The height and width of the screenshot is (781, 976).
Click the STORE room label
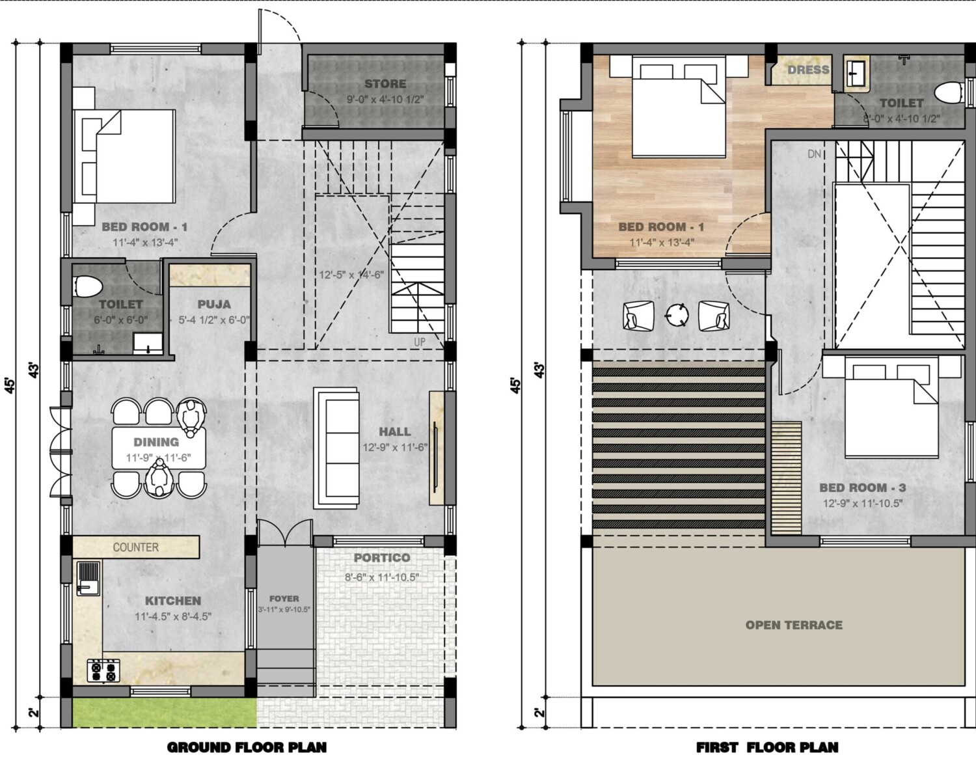(385, 83)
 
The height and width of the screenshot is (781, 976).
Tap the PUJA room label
(214, 304)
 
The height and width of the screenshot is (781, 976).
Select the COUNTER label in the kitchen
(135, 547)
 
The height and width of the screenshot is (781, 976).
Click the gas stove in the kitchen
(104, 672)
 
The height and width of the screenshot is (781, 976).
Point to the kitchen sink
(88, 578)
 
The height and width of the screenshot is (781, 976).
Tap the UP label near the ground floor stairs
(420, 342)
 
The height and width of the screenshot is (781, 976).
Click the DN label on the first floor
(814, 154)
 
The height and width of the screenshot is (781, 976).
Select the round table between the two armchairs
(677, 314)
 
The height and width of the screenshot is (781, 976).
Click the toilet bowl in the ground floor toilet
(88, 286)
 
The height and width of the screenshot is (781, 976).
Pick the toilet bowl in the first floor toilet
(949, 94)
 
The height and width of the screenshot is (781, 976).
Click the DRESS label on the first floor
(808, 70)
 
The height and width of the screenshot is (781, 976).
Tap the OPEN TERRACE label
(794, 625)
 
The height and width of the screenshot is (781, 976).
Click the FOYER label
(284, 599)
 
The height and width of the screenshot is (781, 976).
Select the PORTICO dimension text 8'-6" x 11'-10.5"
(382, 577)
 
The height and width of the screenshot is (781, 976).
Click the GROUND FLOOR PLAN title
(247, 747)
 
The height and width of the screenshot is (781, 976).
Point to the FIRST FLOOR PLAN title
(767, 747)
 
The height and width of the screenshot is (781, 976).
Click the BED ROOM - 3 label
(863, 488)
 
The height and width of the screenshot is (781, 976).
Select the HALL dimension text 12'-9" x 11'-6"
(395, 448)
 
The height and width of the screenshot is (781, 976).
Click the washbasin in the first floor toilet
(856, 71)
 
